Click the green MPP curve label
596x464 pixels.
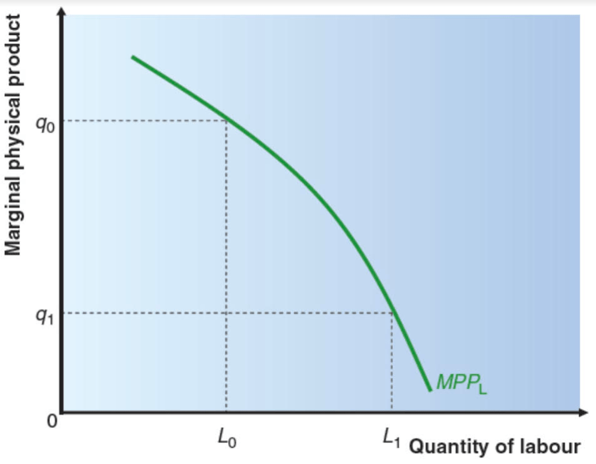[x=461, y=383]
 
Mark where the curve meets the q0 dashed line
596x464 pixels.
[x=226, y=119]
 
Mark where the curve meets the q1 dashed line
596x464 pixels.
[x=393, y=312]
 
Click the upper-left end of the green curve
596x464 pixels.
[x=133, y=58]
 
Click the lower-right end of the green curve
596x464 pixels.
[x=430, y=390]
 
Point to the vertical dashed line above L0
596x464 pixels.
[x=226, y=263]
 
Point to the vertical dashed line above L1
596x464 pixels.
[x=392, y=363]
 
